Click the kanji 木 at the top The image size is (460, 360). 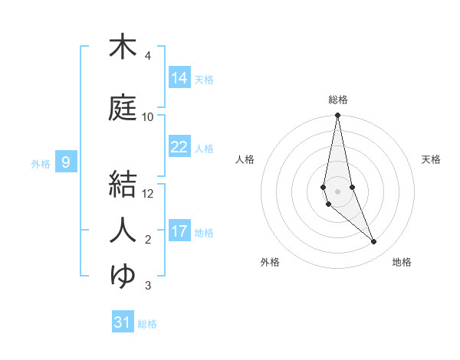[x=123, y=47]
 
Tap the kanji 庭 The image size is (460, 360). [x=123, y=108]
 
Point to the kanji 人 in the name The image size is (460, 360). [x=123, y=230]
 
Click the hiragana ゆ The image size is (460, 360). [x=123, y=276]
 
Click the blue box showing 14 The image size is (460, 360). [x=179, y=78]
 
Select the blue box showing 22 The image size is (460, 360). [x=179, y=147]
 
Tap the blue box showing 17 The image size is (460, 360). [x=179, y=231]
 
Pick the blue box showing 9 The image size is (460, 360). [x=67, y=162]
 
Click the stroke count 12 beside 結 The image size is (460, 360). [x=148, y=194]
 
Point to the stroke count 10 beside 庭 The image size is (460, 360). [x=148, y=117]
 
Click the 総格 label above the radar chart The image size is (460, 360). [x=337, y=100]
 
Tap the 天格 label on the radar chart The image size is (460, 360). [x=431, y=159]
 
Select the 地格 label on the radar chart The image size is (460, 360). [x=402, y=262]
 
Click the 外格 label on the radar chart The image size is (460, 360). [x=270, y=262]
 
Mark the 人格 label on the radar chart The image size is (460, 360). [x=245, y=159]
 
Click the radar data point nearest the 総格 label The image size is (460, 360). [x=337, y=116]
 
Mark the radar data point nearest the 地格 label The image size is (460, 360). [x=374, y=242]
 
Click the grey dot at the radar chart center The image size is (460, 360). [x=337, y=191]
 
